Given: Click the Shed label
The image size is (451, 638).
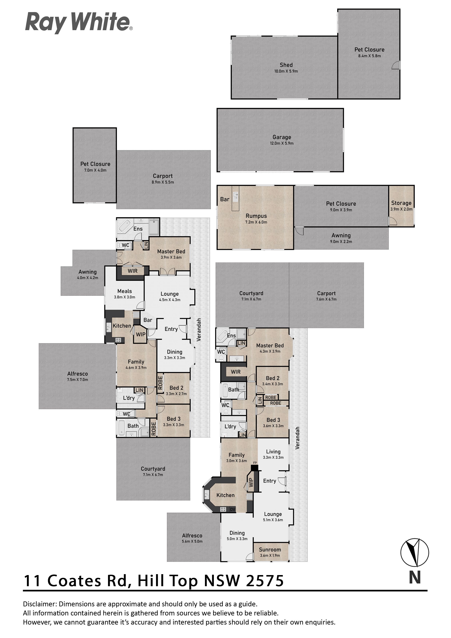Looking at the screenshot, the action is click(286, 65).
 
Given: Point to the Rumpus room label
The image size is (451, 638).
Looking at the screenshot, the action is click(256, 216).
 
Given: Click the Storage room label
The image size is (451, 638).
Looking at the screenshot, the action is click(401, 203).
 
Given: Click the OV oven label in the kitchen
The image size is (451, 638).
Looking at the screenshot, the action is click(233, 510).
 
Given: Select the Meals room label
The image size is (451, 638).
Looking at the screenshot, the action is click(125, 291).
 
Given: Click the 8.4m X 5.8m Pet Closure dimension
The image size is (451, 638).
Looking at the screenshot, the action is click(369, 56).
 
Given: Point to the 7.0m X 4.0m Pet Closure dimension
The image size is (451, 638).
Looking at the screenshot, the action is click(95, 170).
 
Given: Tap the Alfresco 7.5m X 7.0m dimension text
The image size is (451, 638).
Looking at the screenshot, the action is click(77, 380).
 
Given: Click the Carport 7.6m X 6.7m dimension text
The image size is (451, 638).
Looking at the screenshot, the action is click(326, 299).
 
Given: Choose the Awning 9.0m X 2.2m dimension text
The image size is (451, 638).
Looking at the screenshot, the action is click(341, 242).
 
